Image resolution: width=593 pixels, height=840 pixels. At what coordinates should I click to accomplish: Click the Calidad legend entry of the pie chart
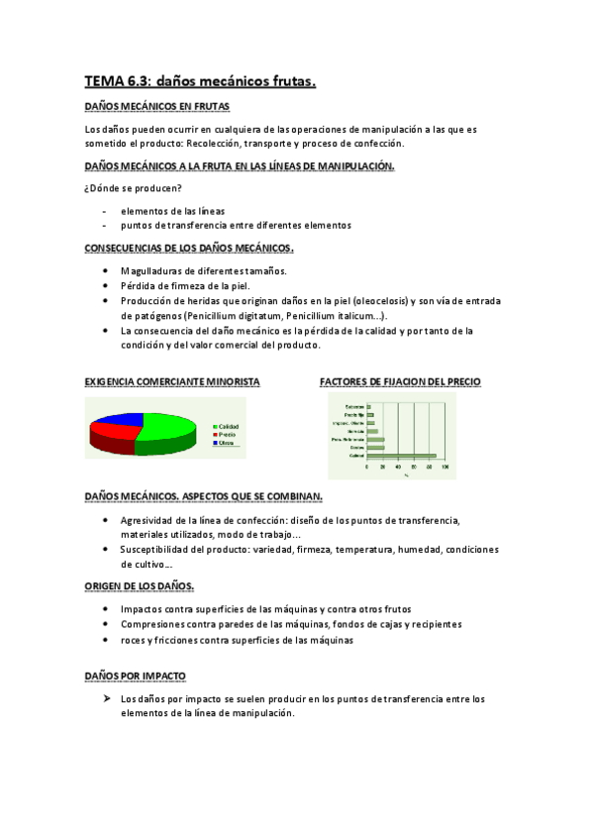227,426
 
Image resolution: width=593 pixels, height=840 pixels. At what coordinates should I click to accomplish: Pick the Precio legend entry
226,434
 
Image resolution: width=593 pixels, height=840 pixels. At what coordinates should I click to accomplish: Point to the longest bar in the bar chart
401,456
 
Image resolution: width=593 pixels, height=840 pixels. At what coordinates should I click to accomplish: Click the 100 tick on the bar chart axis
445,466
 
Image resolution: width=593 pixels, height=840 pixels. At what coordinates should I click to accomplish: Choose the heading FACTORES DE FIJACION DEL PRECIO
400,381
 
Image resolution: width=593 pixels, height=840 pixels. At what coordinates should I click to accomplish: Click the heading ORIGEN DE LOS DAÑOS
139,585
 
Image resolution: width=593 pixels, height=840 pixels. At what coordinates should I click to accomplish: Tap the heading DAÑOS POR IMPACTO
135,676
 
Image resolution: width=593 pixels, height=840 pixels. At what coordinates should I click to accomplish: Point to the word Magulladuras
153,270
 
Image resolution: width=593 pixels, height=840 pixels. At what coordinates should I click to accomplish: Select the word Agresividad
151,519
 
